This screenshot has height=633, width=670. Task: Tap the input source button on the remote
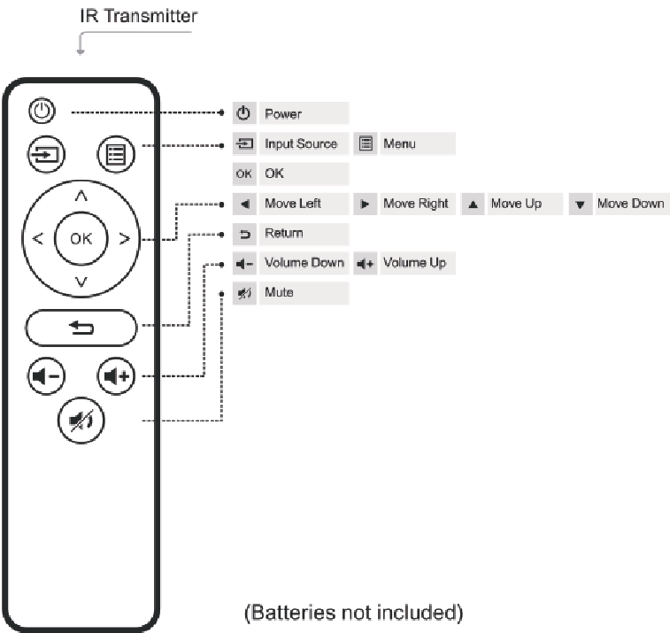pos(46,154)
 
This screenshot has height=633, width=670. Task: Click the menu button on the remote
pos(116,154)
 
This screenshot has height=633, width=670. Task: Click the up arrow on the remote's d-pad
pos(81,196)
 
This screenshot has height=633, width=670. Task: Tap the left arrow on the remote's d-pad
pos(37,238)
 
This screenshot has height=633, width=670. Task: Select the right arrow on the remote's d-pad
pos(124,238)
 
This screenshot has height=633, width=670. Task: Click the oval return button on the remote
pos(81,328)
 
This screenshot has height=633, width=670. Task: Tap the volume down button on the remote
pos(46,376)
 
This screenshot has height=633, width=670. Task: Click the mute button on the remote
pos(81,421)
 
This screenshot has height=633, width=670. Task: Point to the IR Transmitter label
pos(138,16)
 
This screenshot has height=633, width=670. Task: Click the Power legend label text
pos(283,113)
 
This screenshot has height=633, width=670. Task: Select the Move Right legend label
pos(416,204)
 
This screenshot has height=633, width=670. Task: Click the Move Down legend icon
pos(581,205)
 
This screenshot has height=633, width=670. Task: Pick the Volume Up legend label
pos(414,262)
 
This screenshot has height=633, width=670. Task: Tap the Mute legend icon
pos(244,293)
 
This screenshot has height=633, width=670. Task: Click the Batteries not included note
pos(354,613)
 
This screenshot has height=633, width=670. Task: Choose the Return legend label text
pos(284,233)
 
